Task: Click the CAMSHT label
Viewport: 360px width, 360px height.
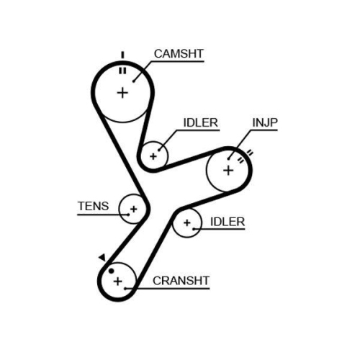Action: coord(179,54)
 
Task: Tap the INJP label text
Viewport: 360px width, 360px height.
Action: coord(265,122)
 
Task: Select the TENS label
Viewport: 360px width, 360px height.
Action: coord(93,206)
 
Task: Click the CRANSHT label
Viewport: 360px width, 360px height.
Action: coord(181,281)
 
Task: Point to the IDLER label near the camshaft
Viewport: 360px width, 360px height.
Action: coord(201,122)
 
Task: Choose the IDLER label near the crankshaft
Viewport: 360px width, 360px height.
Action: coord(228,222)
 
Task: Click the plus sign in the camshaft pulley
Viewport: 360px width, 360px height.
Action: coord(122,93)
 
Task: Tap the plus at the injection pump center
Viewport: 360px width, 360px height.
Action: coord(228,171)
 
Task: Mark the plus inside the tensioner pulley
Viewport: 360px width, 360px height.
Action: coord(134,209)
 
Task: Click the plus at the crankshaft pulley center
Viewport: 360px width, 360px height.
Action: coord(117,281)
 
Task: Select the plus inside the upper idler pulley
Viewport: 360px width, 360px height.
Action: coord(153,156)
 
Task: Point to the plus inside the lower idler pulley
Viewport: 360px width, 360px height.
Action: coord(187,222)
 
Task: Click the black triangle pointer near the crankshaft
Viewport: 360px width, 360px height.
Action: coord(102,257)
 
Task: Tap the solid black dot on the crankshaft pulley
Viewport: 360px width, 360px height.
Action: coord(111,271)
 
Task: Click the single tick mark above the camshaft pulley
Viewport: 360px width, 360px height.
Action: coord(122,55)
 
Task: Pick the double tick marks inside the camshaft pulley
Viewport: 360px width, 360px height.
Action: coord(122,71)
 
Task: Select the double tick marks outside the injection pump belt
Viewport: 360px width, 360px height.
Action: coord(250,153)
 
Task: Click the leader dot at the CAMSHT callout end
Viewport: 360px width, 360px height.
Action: coord(134,81)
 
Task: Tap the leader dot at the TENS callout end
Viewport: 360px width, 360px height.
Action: coord(128,215)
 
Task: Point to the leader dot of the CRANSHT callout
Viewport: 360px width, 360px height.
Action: coord(125,289)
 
